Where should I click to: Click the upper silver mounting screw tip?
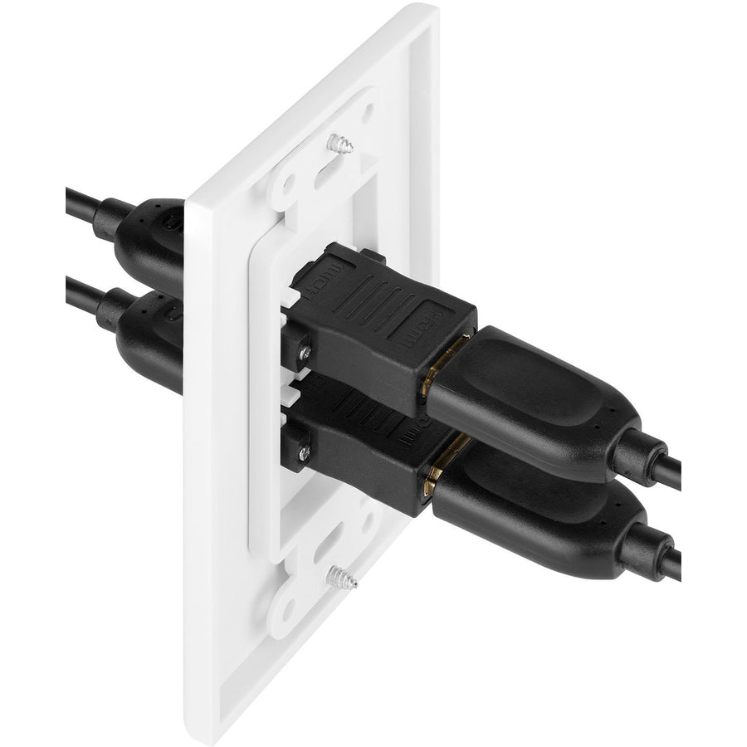tap(339, 143)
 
